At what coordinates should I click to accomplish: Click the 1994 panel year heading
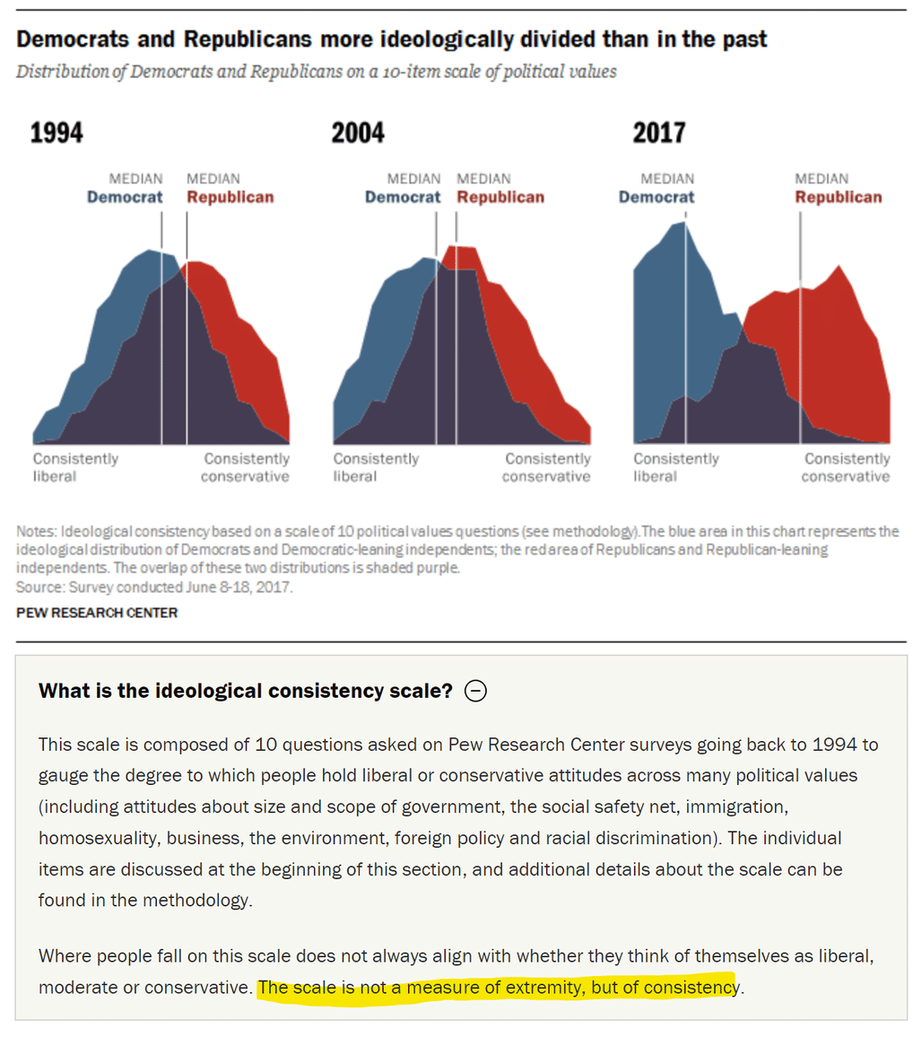57,132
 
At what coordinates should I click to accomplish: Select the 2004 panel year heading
358,132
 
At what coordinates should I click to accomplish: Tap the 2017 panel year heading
658,132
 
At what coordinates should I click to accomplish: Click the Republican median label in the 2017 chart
838,188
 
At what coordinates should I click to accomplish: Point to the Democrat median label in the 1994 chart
125,188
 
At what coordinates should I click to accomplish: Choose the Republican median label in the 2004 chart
500,188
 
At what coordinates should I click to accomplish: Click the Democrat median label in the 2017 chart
657,188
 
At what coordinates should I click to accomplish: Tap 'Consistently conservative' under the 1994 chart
246,467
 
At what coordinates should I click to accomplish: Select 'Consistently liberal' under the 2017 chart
676,467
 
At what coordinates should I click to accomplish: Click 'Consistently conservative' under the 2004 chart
546,467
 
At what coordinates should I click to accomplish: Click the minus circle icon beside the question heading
475,691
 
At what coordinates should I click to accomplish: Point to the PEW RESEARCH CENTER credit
97,613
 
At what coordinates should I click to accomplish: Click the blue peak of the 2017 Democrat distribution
683,222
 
